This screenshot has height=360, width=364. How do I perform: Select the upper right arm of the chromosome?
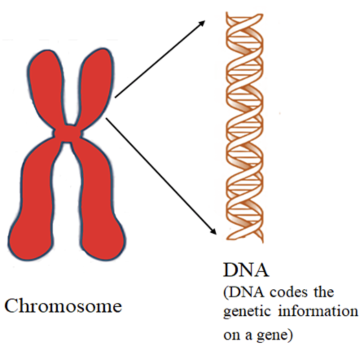tap(96, 81)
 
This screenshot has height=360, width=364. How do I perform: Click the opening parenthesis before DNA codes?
tap(225, 293)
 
